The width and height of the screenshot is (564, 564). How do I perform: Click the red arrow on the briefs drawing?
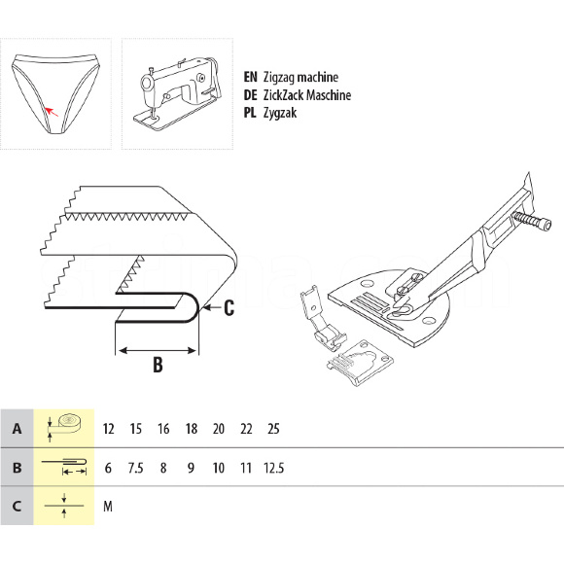tap(52, 111)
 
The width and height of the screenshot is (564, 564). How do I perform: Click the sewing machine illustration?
tap(178, 94)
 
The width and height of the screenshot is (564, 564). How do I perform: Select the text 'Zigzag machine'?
tap(300, 77)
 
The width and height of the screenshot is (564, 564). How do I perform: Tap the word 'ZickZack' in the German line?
tap(283, 95)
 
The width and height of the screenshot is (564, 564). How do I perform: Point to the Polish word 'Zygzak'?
tap(280, 113)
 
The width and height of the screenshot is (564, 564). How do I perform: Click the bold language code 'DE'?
tap(250, 95)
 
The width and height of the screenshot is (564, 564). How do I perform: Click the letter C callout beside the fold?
tap(229, 308)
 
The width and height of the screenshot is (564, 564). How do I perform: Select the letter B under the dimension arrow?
tap(158, 364)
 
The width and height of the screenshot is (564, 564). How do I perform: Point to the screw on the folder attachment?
tap(532, 221)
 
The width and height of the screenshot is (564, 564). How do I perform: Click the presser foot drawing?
tap(322, 318)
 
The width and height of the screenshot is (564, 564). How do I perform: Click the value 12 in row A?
tap(108, 429)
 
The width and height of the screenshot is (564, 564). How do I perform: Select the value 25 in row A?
tap(273, 429)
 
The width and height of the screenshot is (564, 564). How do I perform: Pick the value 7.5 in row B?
tap(135, 468)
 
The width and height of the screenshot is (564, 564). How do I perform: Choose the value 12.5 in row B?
tap(273, 468)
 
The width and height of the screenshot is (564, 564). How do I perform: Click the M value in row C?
tap(108, 507)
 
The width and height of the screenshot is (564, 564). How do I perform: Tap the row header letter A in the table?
tap(17, 429)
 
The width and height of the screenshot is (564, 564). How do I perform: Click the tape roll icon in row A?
tap(65, 428)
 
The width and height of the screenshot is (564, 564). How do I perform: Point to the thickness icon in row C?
tap(64, 506)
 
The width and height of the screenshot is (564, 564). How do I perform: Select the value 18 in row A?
tap(192, 429)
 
